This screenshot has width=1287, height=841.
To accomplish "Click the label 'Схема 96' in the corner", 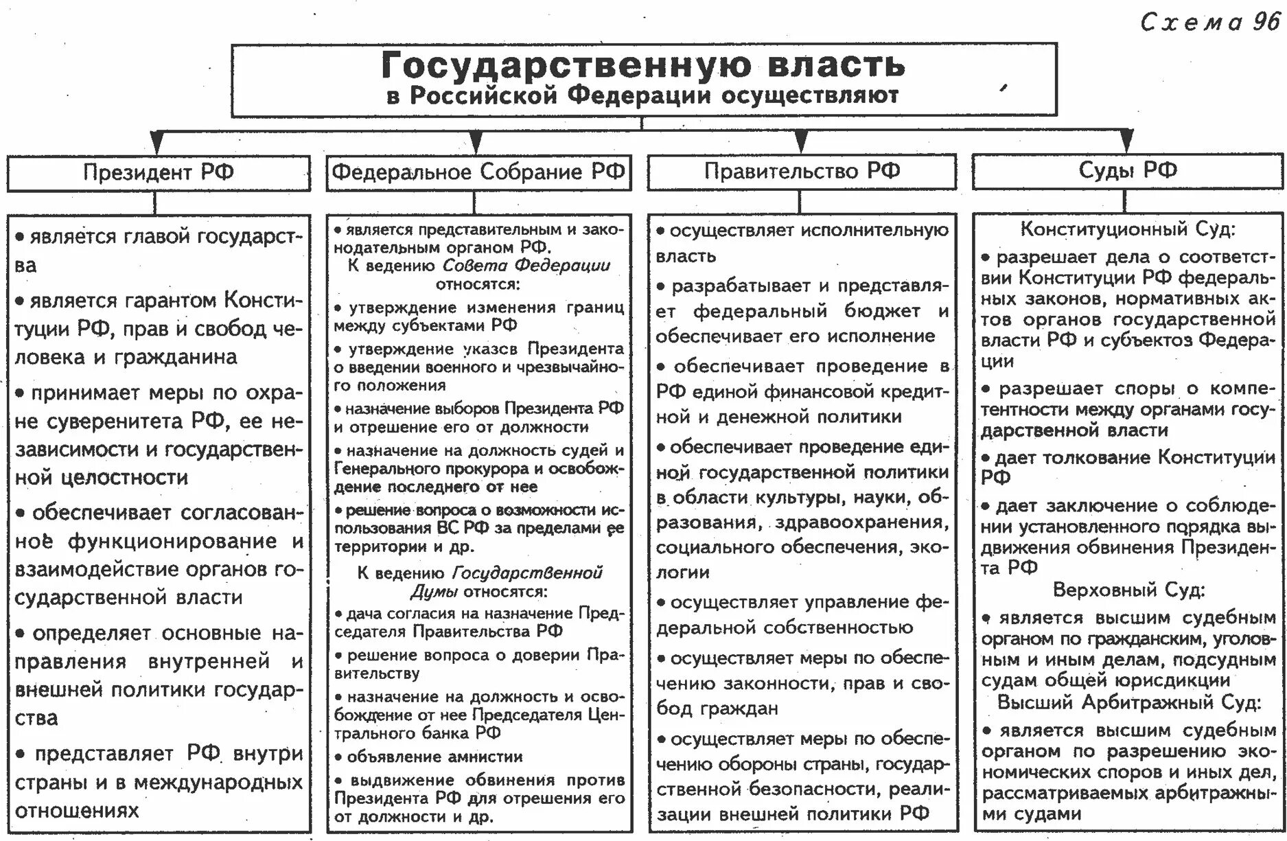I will click(x=1210, y=23).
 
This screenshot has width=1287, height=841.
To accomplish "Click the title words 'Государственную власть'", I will click(x=643, y=65).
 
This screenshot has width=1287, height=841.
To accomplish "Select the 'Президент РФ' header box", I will click(x=159, y=172).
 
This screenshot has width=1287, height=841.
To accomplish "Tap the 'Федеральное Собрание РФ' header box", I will click(x=478, y=172).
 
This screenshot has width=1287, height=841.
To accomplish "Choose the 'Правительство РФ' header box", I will click(x=802, y=171).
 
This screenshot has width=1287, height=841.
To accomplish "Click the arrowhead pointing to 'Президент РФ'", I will click(x=156, y=142).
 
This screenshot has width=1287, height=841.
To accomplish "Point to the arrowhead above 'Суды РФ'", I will click(x=1126, y=142).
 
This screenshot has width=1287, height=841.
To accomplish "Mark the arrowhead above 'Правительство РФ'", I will click(x=800, y=142).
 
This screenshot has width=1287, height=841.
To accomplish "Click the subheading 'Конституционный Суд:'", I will click(x=1128, y=229).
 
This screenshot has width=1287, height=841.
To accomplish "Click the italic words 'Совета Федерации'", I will click(x=526, y=266).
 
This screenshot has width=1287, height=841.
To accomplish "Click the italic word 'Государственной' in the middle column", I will click(x=527, y=573).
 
